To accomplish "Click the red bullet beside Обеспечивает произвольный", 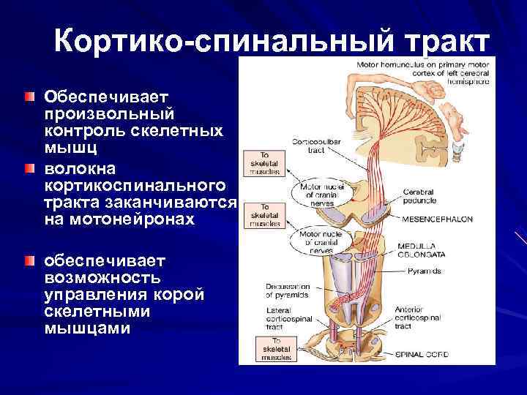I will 29,97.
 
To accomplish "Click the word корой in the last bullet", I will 182,295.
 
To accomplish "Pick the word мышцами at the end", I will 87,328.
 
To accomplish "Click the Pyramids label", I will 425,271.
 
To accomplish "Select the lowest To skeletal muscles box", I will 272,349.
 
